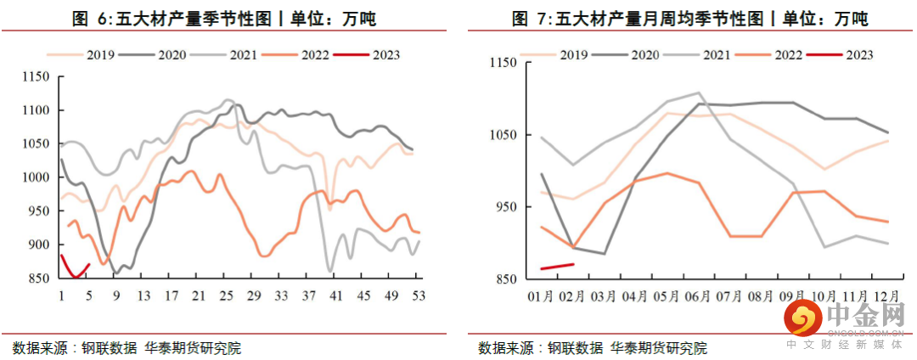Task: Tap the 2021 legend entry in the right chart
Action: (x=695, y=55)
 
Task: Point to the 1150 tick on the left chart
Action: (x=37, y=77)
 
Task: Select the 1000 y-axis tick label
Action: (x=37, y=177)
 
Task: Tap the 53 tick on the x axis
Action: (x=418, y=295)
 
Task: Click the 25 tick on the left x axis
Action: (x=226, y=295)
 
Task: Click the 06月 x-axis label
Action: (x=699, y=297)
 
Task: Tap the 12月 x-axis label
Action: (x=886, y=297)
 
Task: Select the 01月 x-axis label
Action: (x=542, y=297)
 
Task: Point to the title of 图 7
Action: (x=690, y=19)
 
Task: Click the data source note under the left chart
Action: (x=127, y=347)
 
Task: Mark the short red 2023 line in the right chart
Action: (x=559, y=267)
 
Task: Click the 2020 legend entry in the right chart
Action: (x=623, y=55)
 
